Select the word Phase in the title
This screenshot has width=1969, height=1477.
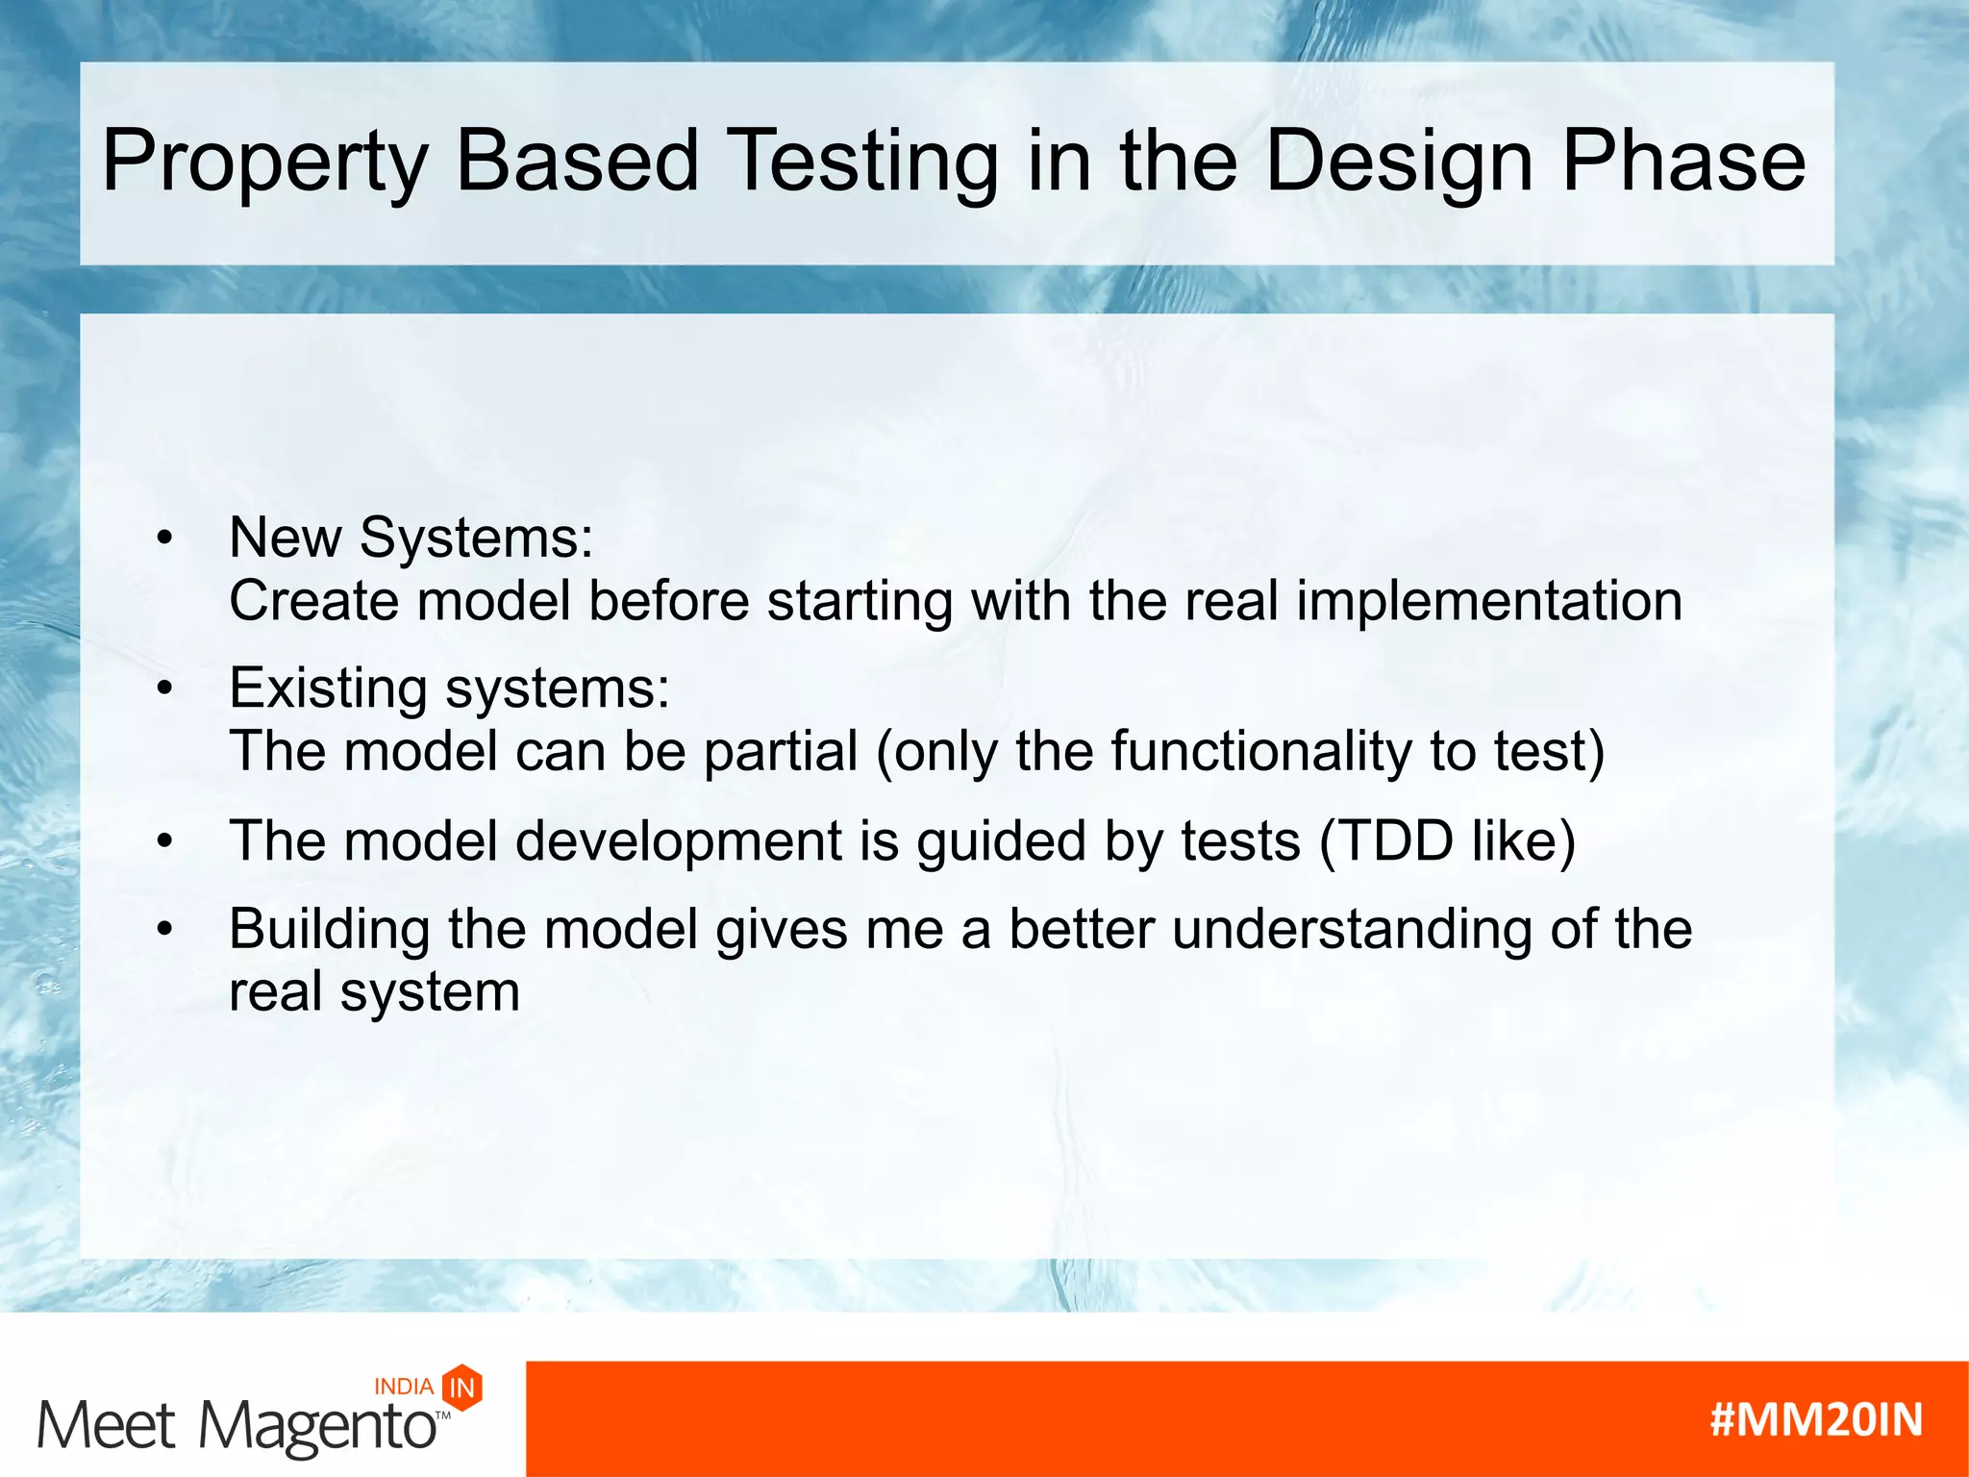pyautogui.click(x=1682, y=162)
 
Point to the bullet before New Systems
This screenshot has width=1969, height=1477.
pyautogui.click(x=165, y=538)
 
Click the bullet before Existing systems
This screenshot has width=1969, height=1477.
pyautogui.click(x=165, y=689)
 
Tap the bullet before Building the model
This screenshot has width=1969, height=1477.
pyautogui.click(x=165, y=930)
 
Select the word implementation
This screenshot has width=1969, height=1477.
pyautogui.click(x=1489, y=603)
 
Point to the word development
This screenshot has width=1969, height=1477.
pyautogui.click(x=679, y=842)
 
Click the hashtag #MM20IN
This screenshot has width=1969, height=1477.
pyautogui.click(x=1816, y=1420)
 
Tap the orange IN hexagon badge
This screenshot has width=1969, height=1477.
pyautogui.click(x=462, y=1388)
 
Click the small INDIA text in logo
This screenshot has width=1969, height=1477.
pyautogui.click(x=404, y=1387)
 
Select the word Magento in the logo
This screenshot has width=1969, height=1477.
pyautogui.click(x=317, y=1426)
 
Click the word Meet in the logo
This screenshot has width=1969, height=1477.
pyautogui.click(x=106, y=1425)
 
